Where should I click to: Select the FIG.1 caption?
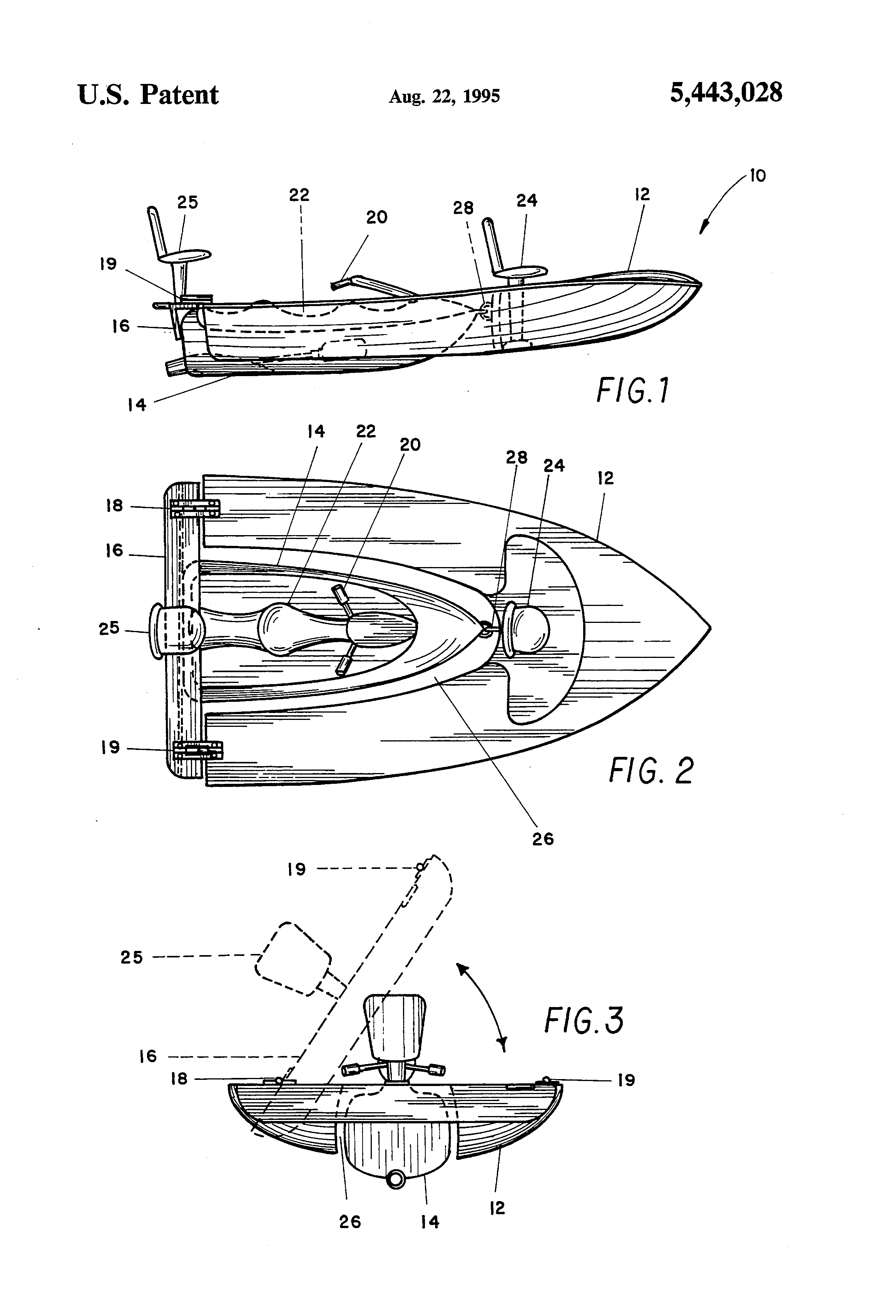[632, 391]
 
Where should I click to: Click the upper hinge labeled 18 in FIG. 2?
[195, 508]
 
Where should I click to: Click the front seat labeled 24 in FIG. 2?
[528, 628]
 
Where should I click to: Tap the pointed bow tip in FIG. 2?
[709, 627]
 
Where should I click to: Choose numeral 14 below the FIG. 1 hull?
[137, 404]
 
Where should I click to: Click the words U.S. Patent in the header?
[148, 94]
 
